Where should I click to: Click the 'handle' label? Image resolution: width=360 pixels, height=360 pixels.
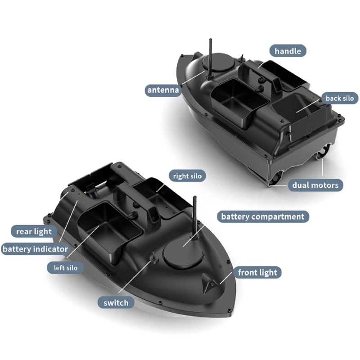click(x=288, y=51)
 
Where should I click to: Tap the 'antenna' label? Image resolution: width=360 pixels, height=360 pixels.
click(x=163, y=90)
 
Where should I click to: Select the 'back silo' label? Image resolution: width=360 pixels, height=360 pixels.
click(x=340, y=98)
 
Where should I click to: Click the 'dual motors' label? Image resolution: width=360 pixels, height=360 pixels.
click(x=315, y=185)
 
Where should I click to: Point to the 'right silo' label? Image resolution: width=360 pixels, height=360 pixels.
click(x=187, y=176)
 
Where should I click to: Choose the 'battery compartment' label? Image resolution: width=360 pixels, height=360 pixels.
click(x=263, y=216)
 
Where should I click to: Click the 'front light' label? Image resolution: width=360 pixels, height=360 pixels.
click(x=257, y=273)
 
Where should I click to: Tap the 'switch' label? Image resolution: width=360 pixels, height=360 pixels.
click(x=116, y=303)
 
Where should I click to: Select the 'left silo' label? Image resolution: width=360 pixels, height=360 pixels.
click(x=65, y=268)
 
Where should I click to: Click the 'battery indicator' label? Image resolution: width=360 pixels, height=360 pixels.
click(x=35, y=249)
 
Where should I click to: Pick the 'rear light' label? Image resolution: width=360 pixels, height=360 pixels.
click(x=34, y=231)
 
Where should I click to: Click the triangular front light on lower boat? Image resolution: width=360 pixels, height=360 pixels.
click(x=209, y=284)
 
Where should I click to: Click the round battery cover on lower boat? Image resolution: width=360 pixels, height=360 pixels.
click(x=183, y=254)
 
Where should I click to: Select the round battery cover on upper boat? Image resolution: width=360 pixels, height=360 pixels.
click(x=219, y=62)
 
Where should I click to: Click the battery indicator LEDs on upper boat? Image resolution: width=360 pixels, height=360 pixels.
click(x=311, y=96)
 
